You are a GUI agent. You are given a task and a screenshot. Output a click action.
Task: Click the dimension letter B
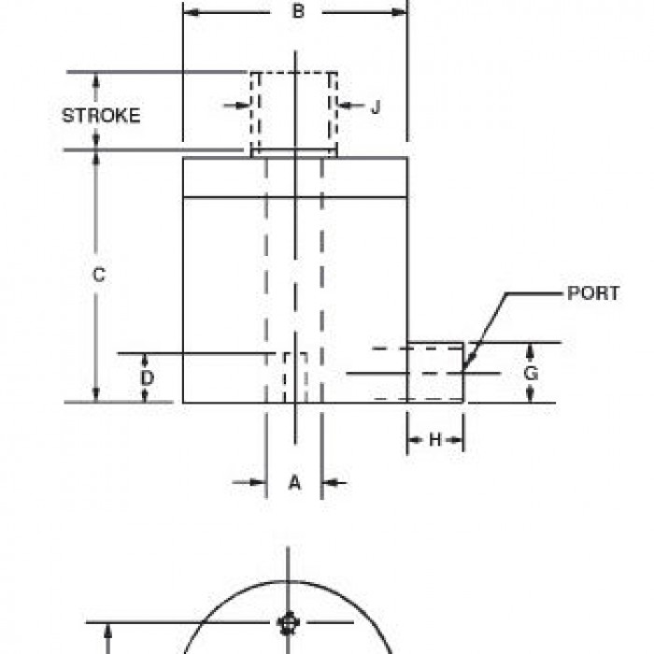(x=298, y=11)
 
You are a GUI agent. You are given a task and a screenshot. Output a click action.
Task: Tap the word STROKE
(x=101, y=116)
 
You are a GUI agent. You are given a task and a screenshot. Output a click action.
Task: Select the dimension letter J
(x=376, y=107)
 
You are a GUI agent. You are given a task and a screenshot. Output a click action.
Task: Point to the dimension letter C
(x=99, y=275)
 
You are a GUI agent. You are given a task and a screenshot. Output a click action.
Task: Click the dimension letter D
(x=147, y=377)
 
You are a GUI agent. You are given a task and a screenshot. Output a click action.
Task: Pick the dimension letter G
(x=531, y=373)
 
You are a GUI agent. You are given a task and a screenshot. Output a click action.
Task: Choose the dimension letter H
(x=435, y=439)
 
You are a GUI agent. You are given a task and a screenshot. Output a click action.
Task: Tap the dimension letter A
(x=294, y=483)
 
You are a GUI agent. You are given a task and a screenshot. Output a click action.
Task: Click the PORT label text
(x=593, y=293)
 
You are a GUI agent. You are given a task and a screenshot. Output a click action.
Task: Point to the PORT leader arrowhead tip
(x=462, y=370)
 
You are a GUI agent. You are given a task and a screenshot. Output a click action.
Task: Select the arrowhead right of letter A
(x=328, y=483)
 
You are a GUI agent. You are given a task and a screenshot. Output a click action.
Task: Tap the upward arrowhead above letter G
(x=530, y=349)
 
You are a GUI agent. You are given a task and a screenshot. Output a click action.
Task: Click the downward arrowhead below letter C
(x=96, y=394)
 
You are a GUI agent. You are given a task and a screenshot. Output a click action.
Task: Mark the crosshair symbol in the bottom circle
(x=288, y=623)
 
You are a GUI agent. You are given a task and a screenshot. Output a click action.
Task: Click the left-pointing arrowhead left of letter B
(x=191, y=12)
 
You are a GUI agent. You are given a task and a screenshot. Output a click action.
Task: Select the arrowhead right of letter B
(x=400, y=12)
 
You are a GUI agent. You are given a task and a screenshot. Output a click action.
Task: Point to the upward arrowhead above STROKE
(x=96, y=79)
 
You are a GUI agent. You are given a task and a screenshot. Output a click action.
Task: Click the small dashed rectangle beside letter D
(x=296, y=377)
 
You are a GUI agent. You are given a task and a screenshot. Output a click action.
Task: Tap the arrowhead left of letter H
(x=413, y=440)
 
